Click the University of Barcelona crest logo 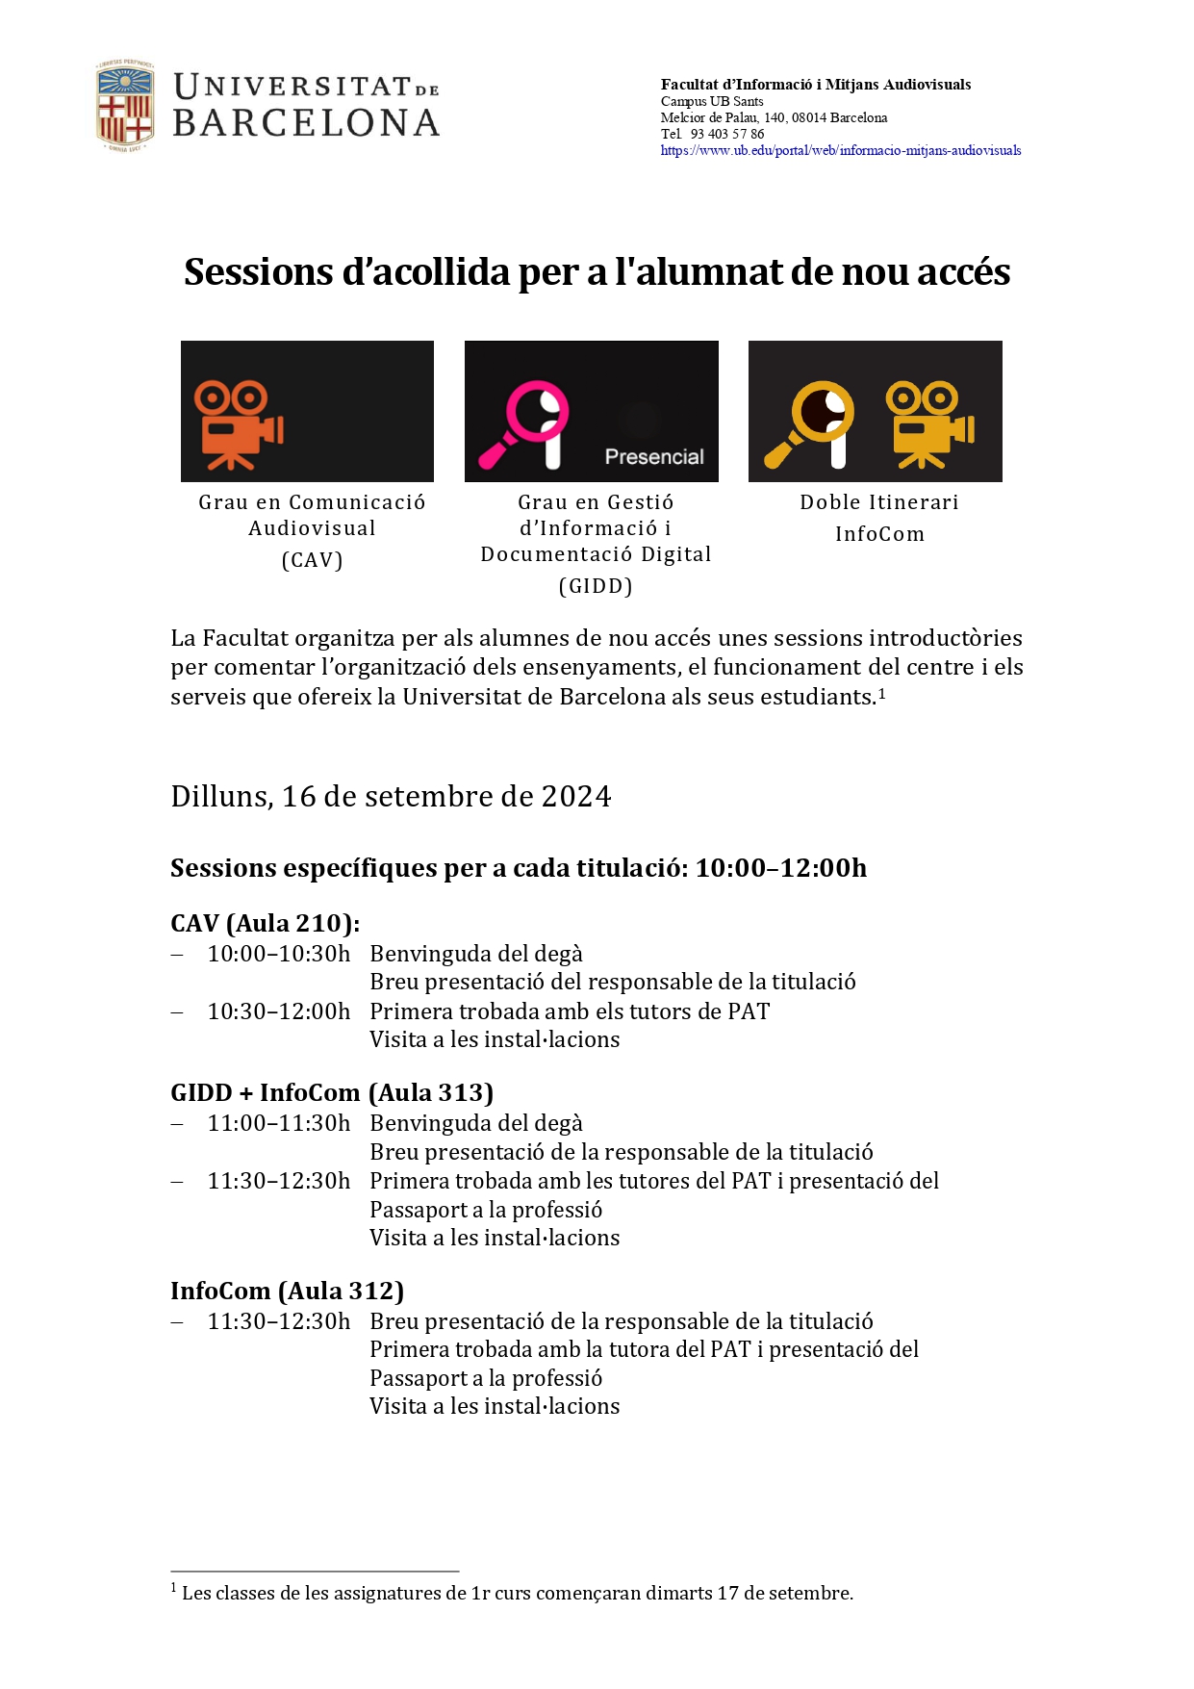point(124,106)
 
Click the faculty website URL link point(840,151)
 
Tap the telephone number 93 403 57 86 point(726,135)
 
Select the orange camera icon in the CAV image point(238,424)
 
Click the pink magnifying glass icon point(524,424)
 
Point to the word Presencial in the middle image point(654,457)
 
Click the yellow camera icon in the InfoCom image point(928,424)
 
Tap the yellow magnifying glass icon point(809,424)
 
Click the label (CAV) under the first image point(312,561)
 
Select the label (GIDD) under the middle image point(596,587)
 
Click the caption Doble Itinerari point(878,502)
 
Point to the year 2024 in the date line point(575,797)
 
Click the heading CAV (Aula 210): point(265,924)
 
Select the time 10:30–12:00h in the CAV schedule point(279,1011)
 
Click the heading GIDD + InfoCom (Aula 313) point(332,1093)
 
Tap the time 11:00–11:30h point(279,1124)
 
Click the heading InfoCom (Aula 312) point(287,1292)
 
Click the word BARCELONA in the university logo point(306,123)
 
